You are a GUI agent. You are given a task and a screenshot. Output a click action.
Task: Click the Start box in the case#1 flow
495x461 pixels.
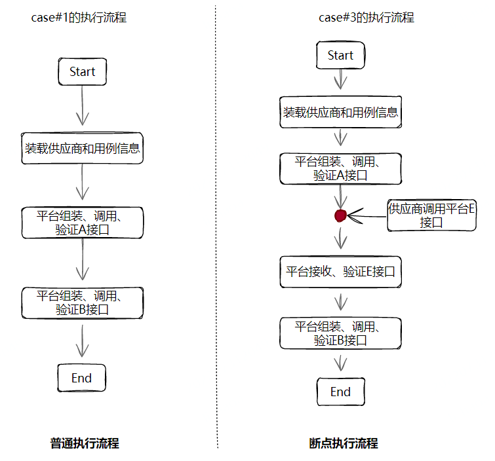coord(82,71)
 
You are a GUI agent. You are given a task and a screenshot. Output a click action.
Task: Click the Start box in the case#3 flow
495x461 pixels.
coord(340,56)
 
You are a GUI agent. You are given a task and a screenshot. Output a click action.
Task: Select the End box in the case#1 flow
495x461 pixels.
coord(82,378)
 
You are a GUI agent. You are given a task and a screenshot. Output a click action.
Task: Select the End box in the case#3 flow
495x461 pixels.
coord(340,392)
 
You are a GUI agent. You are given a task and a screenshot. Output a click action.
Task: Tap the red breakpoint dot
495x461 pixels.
coord(340,215)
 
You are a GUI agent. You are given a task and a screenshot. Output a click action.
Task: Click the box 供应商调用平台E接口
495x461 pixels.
coord(431,215)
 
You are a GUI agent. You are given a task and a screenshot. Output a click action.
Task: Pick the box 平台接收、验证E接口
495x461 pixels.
coord(340,272)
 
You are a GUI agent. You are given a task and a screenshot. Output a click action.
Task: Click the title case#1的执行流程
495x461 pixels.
coord(79,18)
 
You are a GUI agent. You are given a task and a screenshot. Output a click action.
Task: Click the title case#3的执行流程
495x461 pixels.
coord(366,18)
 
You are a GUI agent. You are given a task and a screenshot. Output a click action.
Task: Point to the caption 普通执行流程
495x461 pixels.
coord(85,443)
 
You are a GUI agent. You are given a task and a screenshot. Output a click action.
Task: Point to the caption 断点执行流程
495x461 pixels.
coord(344,443)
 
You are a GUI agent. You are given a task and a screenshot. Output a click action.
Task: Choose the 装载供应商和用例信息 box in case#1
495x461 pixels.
coord(82,148)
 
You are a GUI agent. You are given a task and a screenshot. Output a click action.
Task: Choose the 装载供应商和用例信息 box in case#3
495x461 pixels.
coord(340,112)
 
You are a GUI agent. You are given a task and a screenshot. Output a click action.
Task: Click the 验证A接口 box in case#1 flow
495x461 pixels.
coord(82,223)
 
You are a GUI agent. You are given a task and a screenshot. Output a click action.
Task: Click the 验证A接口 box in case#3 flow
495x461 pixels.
coord(340,169)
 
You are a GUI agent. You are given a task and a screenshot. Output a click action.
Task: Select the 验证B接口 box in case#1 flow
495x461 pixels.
coord(82,303)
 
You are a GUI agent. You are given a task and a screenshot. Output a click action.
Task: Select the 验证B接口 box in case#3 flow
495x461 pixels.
coord(340,333)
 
